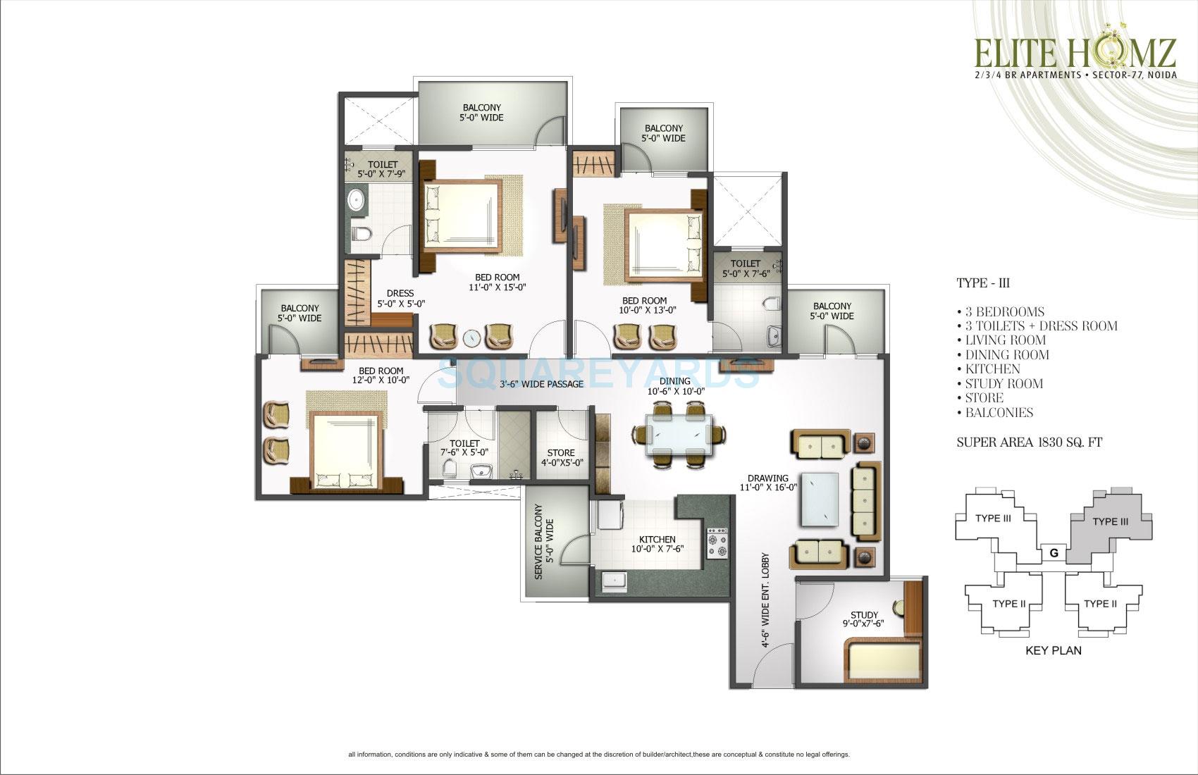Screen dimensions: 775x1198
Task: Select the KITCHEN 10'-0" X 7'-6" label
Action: [657, 544]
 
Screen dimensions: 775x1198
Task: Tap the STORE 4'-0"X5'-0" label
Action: [560, 458]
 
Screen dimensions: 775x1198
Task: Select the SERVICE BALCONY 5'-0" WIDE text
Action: [544, 542]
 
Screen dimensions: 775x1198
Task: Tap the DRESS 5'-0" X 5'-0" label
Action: [400, 298]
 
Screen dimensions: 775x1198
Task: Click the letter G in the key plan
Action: [1054, 553]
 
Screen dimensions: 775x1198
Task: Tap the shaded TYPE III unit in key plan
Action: [1109, 522]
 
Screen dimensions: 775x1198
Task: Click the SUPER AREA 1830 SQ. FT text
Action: [1029, 442]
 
